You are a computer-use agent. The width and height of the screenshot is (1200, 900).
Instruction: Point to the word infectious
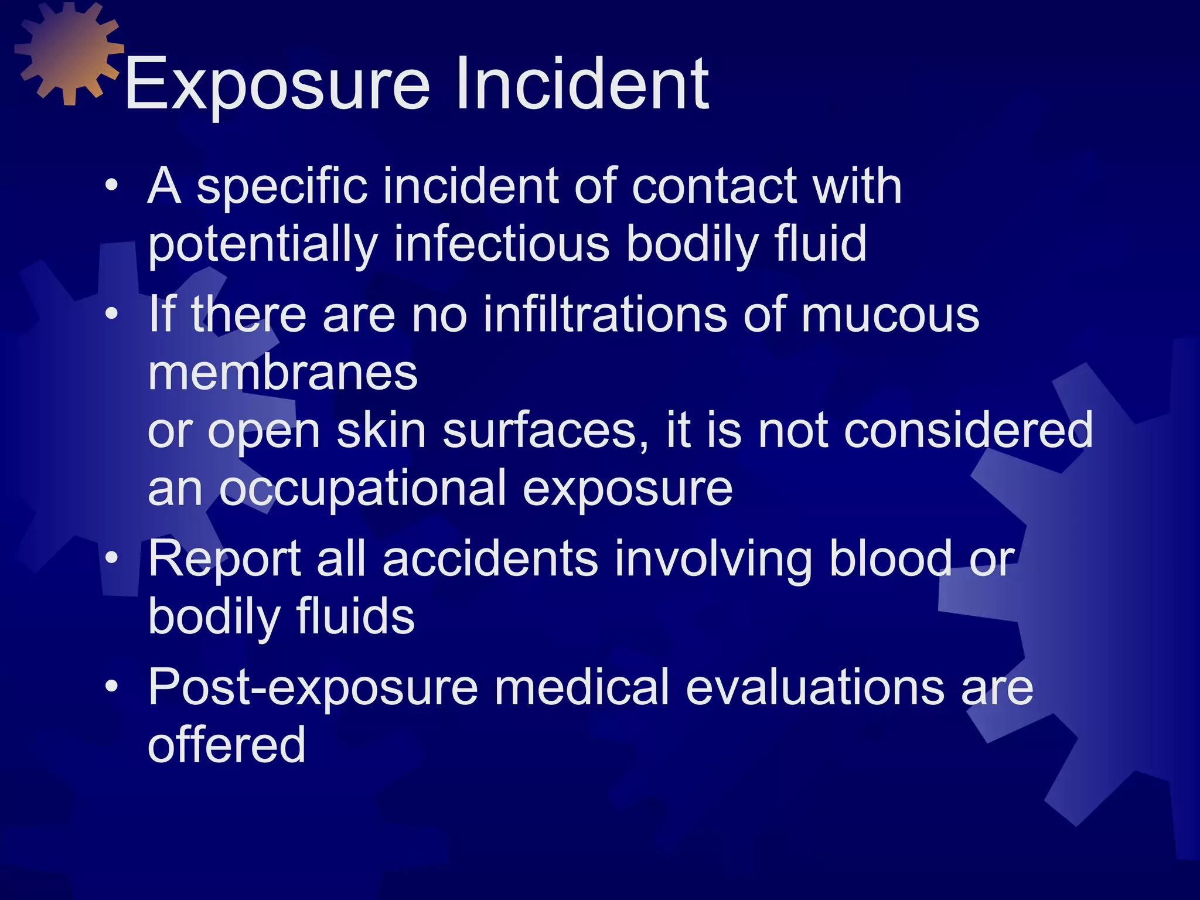(x=501, y=244)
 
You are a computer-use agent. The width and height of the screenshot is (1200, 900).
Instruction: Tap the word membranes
(x=282, y=373)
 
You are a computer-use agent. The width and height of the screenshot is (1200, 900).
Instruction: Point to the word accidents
(x=490, y=559)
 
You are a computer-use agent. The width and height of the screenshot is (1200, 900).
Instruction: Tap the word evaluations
(x=815, y=687)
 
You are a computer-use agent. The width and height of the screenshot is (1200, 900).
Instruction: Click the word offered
(x=227, y=745)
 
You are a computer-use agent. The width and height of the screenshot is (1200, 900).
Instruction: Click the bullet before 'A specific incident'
(x=111, y=186)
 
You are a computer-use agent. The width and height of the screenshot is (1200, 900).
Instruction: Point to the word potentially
(x=262, y=246)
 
